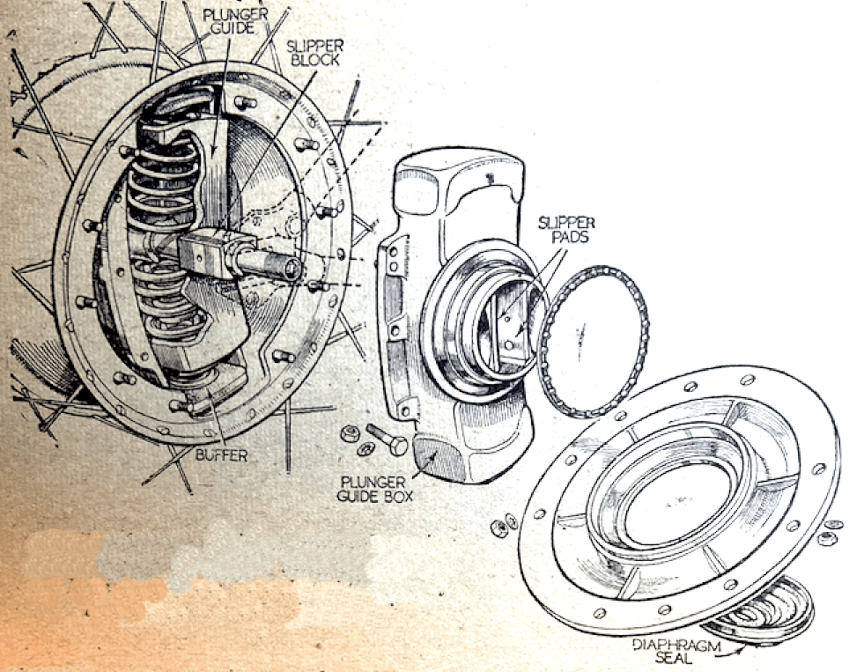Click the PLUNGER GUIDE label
(x=235, y=21)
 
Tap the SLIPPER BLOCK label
(x=314, y=53)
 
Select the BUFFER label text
(x=222, y=455)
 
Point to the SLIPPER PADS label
(x=566, y=230)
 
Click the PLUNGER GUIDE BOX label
(x=375, y=489)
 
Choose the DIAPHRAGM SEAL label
(x=676, y=651)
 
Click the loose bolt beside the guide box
(x=387, y=439)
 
